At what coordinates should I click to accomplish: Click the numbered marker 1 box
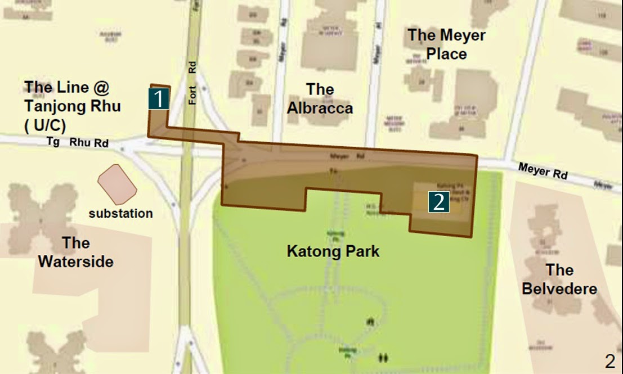159,99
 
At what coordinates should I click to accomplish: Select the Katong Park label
333,251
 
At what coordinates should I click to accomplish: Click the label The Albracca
320,98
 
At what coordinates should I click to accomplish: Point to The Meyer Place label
446,44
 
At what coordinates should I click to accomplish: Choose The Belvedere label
559,279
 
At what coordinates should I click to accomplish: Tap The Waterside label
76,253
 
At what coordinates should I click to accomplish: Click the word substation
121,214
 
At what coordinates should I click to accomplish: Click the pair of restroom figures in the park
384,357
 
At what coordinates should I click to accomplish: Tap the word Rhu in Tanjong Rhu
105,106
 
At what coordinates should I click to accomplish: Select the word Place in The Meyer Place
446,54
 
